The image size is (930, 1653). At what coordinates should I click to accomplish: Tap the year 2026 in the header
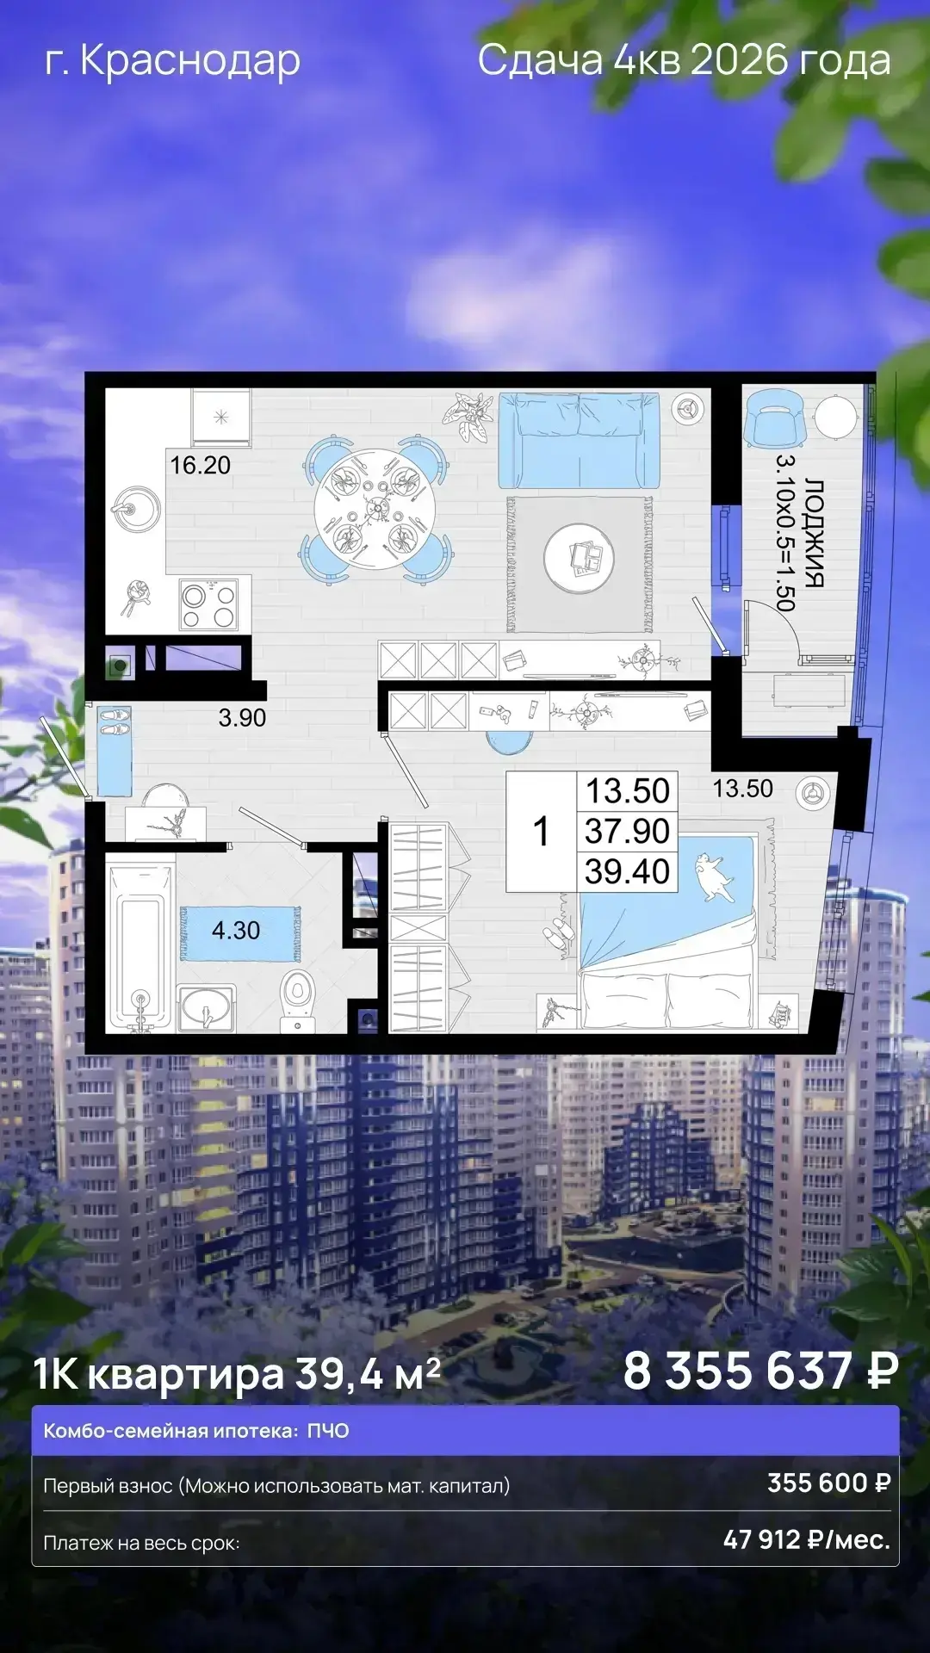(740, 60)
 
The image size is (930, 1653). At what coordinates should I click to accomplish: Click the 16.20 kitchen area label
(200, 465)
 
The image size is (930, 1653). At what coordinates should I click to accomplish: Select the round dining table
(375, 509)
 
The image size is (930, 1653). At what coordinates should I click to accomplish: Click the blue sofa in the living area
(579, 441)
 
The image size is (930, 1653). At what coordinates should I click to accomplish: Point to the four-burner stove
(208, 604)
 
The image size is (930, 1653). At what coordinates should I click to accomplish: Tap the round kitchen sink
(136, 509)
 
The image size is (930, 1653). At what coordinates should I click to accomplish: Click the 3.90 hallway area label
(242, 718)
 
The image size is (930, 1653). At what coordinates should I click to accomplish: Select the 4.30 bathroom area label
(236, 931)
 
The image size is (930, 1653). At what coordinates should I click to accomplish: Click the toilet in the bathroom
(298, 998)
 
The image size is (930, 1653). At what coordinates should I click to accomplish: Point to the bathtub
(139, 947)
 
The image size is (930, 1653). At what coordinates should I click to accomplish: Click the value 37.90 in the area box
(627, 832)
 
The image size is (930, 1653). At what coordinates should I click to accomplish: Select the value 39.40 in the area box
(627, 871)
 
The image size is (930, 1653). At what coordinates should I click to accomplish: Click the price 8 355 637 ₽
(761, 1371)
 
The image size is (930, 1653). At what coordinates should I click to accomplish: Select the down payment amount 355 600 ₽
(829, 1483)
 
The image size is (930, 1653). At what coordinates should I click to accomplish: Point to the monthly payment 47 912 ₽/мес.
(807, 1538)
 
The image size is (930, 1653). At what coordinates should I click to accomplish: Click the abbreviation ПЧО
(328, 1431)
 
